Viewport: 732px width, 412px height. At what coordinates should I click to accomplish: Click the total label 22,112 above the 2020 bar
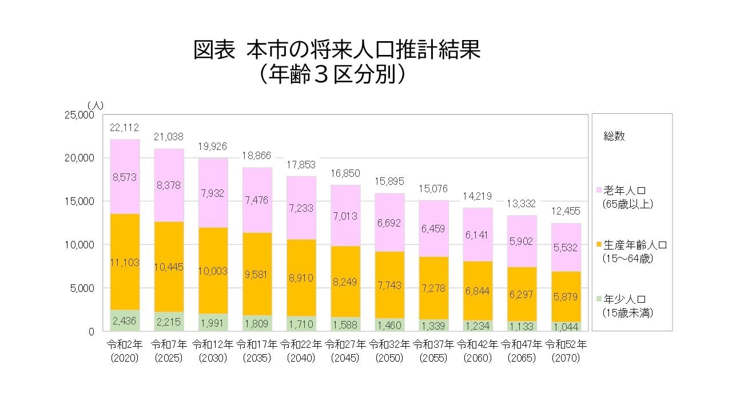124,127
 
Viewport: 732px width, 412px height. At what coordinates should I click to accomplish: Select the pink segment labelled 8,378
168,185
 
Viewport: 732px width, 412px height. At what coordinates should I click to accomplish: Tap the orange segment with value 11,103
124,262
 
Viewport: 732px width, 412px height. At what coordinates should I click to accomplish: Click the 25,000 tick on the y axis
77,114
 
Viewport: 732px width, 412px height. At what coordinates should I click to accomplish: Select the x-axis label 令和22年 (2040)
300,351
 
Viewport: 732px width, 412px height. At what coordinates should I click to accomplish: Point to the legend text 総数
614,136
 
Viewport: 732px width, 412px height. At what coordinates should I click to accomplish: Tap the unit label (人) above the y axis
95,104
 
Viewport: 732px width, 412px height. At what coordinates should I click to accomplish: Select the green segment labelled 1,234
477,325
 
